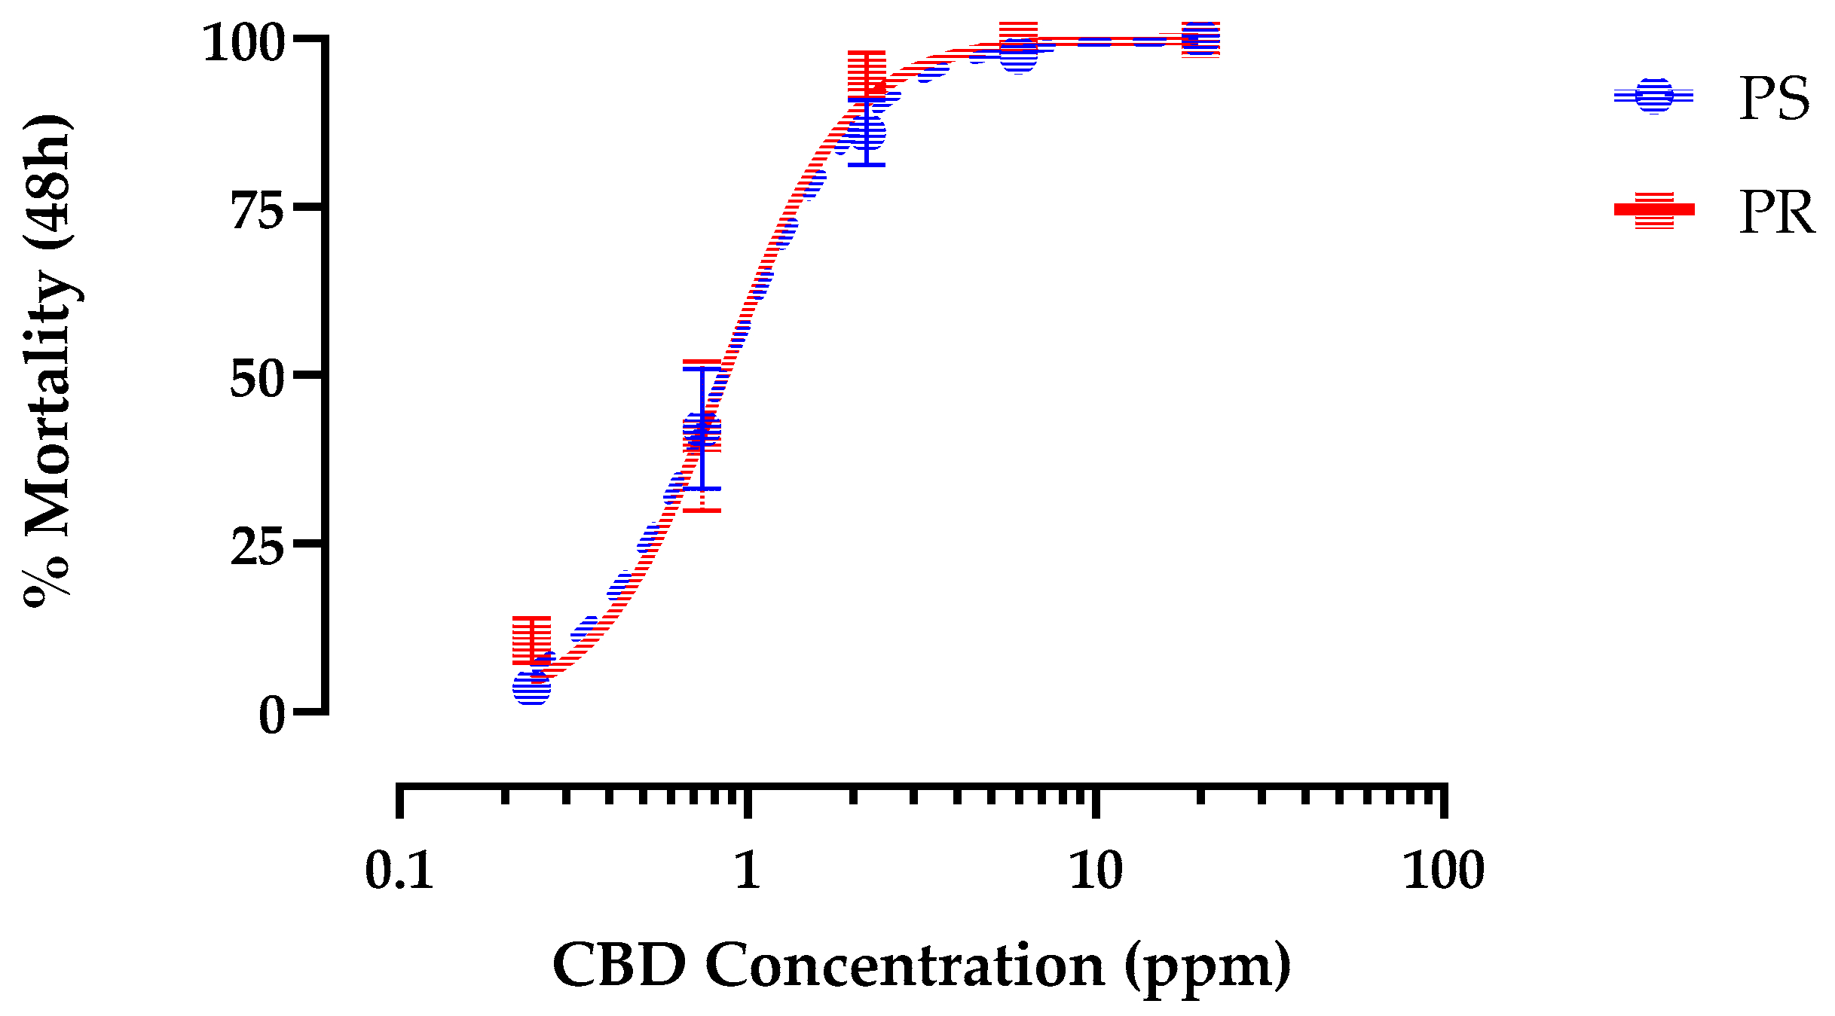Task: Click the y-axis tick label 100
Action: pyautogui.click(x=243, y=43)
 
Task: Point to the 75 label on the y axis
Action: pyautogui.click(x=256, y=212)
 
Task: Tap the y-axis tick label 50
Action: pyautogui.click(x=256, y=379)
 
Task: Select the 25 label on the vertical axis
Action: pyautogui.click(x=256, y=548)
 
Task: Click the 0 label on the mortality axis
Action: pyautogui.click(x=271, y=715)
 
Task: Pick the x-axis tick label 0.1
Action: pyautogui.click(x=399, y=871)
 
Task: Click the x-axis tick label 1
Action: pyautogui.click(x=747, y=871)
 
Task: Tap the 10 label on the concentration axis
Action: pyautogui.click(x=1096, y=871)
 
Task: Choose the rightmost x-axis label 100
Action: pyautogui.click(x=1443, y=871)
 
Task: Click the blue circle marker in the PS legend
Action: pyautogui.click(x=1654, y=96)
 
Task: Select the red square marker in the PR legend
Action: pyautogui.click(x=1654, y=210)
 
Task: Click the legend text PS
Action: pyautogui.click(x=1774, y=99)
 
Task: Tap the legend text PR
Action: pyautogui.click(x=1776, y=214)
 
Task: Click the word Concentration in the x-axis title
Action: pyautogui.click(x=904, y=966)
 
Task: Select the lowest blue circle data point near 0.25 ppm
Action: pyautogui.click(x=532, y=687)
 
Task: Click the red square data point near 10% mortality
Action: pyautogui.click(x=532, y=640)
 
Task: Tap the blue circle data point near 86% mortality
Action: pyautogui.click(x=867, y=134)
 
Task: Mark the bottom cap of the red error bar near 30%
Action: pyautogui.click(x=702, y=511)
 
